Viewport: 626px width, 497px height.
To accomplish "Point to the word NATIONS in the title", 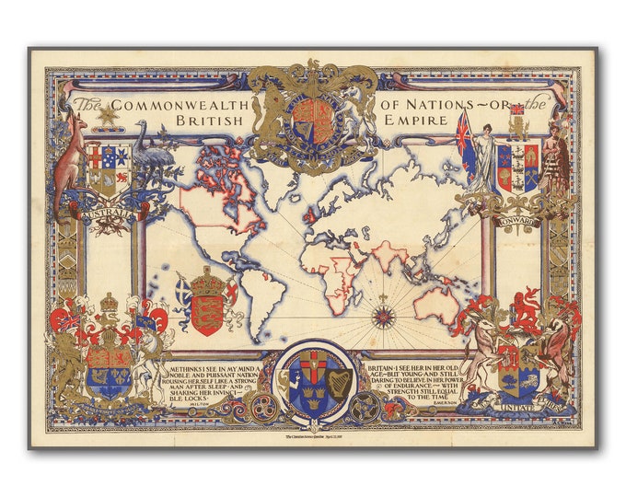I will [x=448, y=104].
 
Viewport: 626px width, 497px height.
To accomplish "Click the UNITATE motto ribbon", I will [x=516, y=401].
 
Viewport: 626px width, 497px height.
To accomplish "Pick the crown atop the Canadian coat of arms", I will [x=110, y=303].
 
